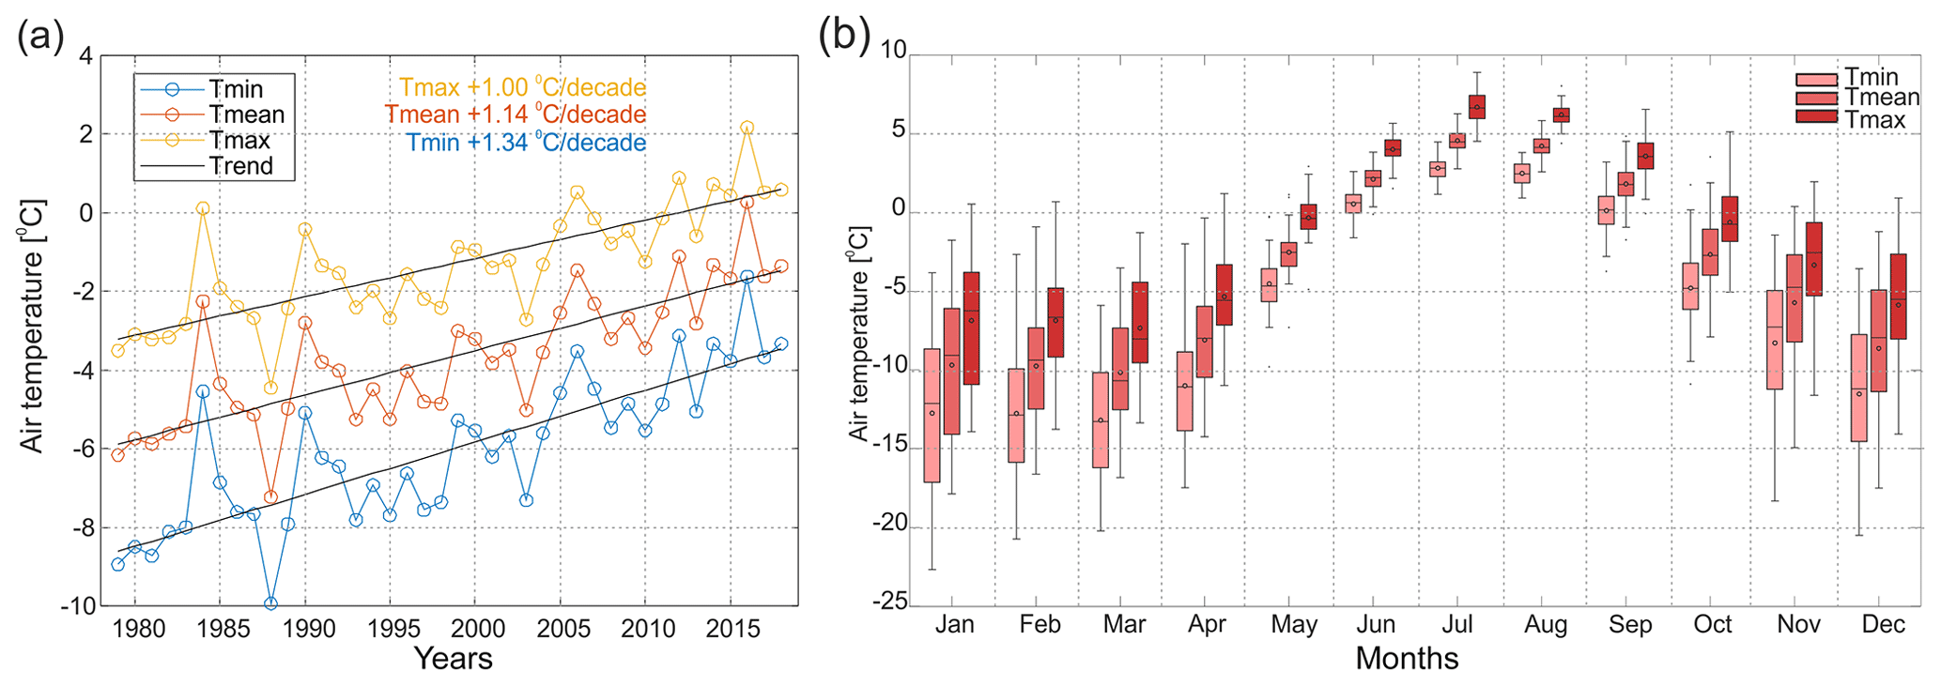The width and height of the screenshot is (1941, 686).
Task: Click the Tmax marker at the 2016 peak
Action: coord(747,128)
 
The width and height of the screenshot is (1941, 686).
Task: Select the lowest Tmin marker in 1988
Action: coord(270,603)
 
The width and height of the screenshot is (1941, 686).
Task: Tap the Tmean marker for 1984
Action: coord(203,301)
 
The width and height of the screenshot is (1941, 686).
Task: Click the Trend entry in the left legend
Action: coord(241,166)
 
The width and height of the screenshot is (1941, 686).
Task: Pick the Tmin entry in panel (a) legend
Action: coord(235,89)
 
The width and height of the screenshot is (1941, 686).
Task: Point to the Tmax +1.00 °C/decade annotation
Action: coord(522,87)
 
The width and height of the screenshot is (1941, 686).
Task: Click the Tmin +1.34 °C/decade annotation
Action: coord(526,143)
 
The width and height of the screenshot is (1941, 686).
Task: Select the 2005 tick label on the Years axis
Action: coord(563,628)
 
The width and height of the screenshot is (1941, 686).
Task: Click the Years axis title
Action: coord(453,659)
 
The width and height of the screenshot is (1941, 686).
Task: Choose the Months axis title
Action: coord(1406,659)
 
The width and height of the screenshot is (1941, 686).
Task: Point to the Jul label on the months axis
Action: coord(1457,625)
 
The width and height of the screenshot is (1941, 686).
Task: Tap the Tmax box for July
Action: coord(1477,107)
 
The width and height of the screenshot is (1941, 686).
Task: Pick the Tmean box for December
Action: coord(1879,341)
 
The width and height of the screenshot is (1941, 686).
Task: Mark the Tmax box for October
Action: coord(1730,219)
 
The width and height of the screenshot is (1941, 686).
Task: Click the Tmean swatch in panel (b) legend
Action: coord(1816,99)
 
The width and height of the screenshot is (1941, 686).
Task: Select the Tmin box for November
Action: coord(1775,340)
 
